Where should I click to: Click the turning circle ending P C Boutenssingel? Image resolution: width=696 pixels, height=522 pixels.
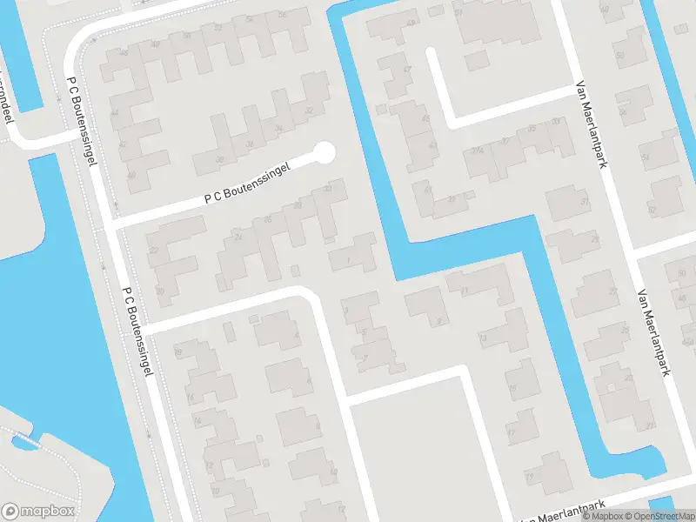325,153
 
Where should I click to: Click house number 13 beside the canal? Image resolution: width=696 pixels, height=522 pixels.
483,337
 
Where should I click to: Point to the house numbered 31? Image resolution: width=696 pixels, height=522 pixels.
586,203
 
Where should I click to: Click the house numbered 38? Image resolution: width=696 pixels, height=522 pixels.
220,159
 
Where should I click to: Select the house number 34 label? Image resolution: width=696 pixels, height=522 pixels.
278,129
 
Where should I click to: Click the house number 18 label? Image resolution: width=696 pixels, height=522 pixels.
178,351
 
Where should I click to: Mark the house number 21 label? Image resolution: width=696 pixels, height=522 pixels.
651,425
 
